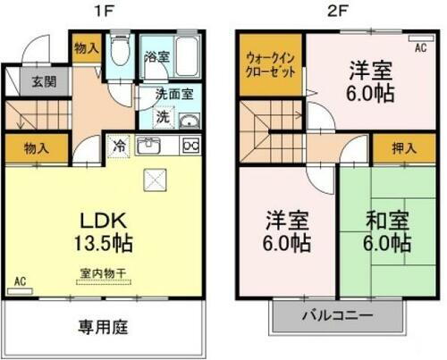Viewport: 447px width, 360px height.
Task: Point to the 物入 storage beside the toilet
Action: click(x=86, y=46)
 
